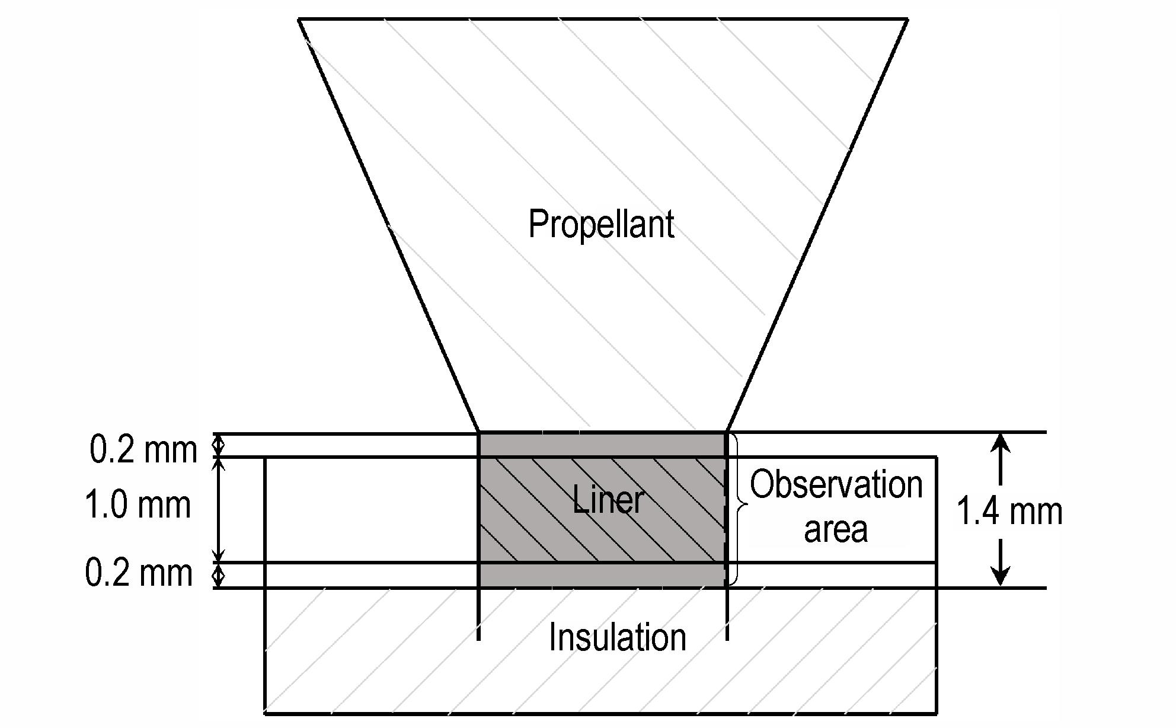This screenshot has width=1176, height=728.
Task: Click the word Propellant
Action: click(601, 225)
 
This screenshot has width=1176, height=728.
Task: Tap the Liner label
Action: click(608, 499)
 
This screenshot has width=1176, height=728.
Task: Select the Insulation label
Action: click(618, 637)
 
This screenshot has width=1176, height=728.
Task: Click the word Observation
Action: click(836, 484)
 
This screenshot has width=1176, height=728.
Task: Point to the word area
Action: click(836, 529)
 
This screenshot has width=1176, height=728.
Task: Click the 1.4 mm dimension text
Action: click(1010, 512)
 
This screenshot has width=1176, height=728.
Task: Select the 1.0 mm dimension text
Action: click(138, 506)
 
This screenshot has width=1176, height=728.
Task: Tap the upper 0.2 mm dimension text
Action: click(143, 449)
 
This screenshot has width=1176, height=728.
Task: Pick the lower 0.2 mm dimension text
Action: click(139, 573)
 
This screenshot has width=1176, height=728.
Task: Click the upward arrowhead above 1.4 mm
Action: click(1001, 445)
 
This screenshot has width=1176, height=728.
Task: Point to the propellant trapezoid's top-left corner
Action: click(298, 20)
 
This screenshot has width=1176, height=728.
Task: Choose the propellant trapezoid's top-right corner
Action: click(907, 20)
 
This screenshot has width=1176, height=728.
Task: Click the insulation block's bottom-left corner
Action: click(264, 713)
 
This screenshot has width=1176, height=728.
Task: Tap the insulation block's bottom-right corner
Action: click(936, 713)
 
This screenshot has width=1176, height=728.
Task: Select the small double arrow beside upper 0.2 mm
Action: click(219, 445)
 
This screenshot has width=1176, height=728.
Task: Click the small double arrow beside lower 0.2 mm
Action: click(219, 575)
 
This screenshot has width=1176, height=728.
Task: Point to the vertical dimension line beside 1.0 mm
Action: click(219, 510)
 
